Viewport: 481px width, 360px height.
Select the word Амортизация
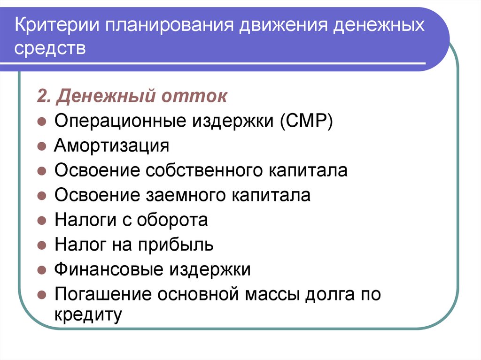point(111,146)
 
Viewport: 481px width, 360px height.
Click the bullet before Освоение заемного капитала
point(41,196)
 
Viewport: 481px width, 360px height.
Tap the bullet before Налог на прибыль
point(41,245)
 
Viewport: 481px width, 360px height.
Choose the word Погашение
point(103,294)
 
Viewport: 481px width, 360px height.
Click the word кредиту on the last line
point(88,314)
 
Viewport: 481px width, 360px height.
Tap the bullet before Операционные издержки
point(41,122)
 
